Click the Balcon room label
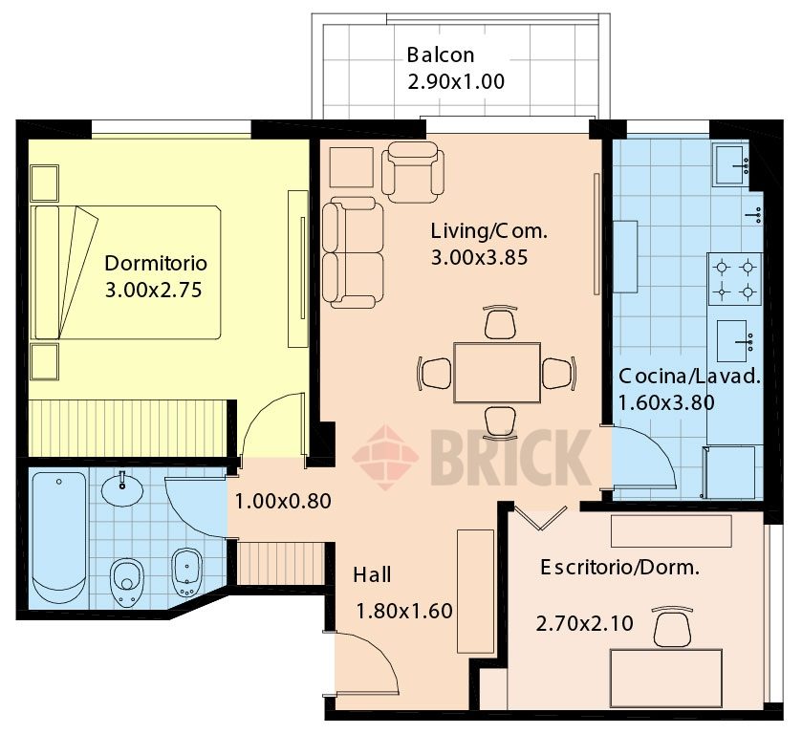[441, 54]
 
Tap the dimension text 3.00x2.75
[154, 290]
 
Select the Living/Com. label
[489, 231]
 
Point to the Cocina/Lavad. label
[689, 377]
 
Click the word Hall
[372, 575]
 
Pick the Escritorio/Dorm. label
[620, 568]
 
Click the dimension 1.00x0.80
[283, 501]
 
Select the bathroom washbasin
[122, 489]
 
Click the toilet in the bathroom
[127, 583]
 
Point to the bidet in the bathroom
[187, 572]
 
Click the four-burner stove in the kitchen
[734, 279]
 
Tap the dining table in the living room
[497, 373]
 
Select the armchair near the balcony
[413, 172]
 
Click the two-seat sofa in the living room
[353, 252]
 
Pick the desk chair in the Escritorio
[672, 627]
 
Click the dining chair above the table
[500, 322]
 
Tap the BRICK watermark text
[511, 457]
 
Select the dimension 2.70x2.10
[585, 623]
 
